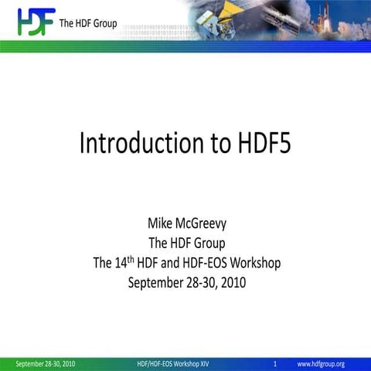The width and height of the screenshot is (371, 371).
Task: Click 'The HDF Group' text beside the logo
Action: [88, 23]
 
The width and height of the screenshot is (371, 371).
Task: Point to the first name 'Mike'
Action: [162, 224]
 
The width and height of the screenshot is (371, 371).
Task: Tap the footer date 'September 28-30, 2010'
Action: [46, 363]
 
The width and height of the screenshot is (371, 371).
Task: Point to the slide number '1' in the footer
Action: [275, 363]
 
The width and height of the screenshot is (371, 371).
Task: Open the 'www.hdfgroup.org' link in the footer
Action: [321, 363]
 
